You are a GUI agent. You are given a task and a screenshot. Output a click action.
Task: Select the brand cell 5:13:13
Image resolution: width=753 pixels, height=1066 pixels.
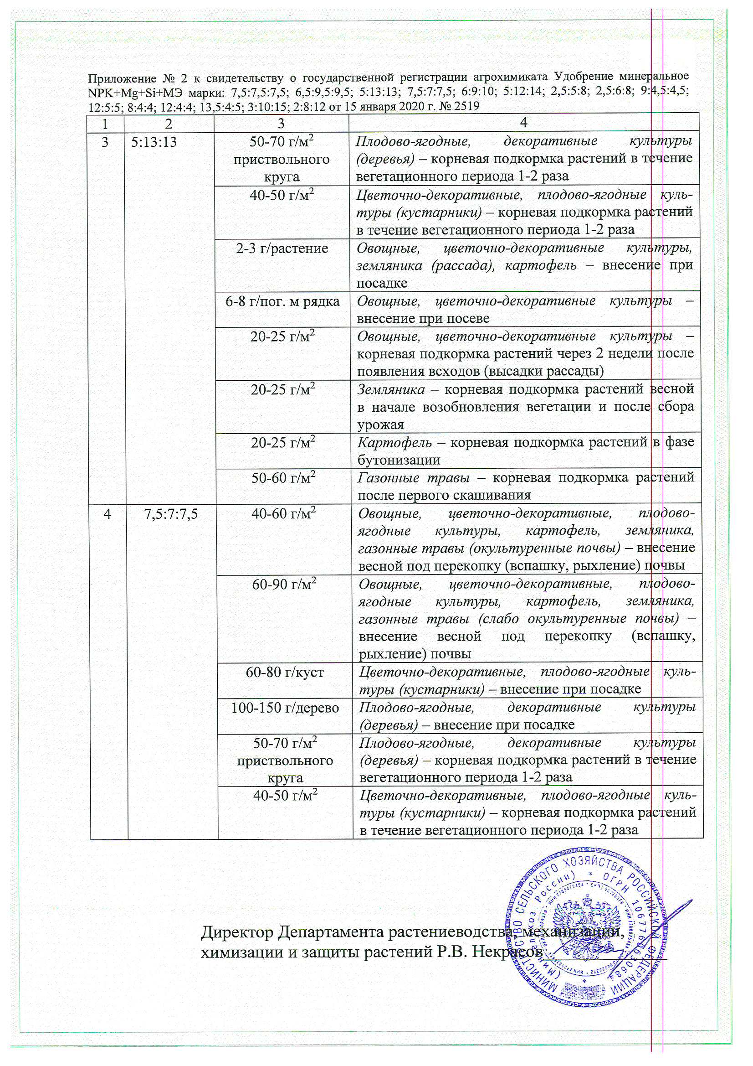tap(154, 142)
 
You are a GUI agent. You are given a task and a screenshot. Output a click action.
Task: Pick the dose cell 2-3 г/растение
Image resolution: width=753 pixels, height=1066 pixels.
tap(282, 248)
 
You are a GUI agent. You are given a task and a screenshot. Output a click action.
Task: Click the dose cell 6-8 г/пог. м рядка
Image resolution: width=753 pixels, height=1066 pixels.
tap(282, 301)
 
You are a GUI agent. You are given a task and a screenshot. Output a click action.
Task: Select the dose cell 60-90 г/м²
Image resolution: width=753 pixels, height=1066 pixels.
tap(284, 585)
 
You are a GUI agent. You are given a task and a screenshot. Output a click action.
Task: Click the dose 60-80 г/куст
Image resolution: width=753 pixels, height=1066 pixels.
tap(285, 672)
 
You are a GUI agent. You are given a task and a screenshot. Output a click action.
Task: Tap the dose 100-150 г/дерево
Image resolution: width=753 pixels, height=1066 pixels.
tap(285, 708)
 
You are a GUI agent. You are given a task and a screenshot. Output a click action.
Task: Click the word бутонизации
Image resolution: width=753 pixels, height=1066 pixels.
tap(399, 460)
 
